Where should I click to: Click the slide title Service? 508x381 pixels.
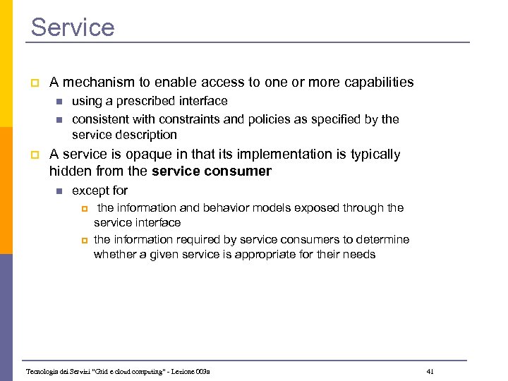[x=73, y=28]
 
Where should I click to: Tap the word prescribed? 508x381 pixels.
[x=145, y=102]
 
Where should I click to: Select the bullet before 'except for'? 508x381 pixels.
[x=59, y=191]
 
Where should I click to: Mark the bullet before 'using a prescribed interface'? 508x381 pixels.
[x=59, y=102]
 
